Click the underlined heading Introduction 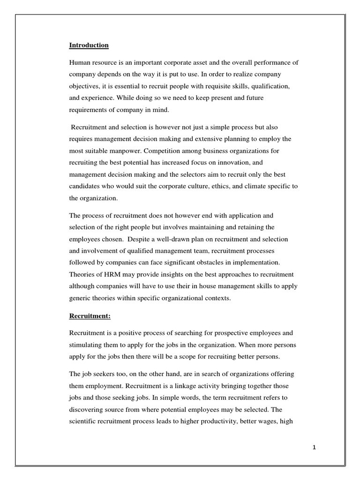point(89,45)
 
